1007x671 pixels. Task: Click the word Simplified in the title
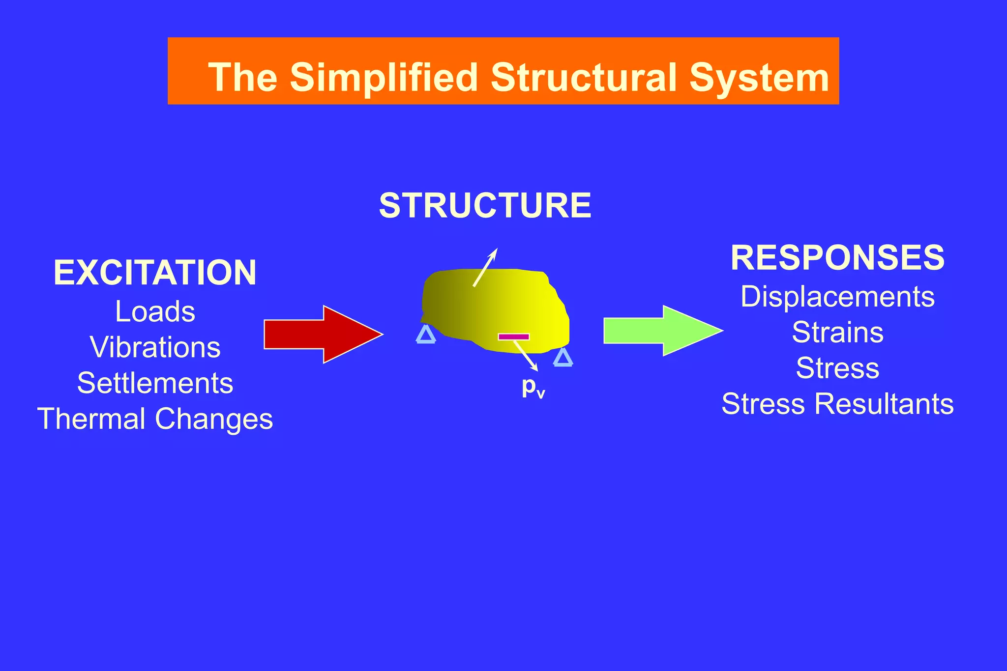coord(384,78)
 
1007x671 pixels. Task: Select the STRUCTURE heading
coord(485,206)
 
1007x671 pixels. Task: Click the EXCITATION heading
coord(155,273)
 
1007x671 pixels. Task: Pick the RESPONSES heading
coord(837,258)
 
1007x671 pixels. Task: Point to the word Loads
coord(155,311)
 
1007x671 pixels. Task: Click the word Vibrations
coord(155,347)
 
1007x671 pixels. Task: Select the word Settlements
coord(155,383)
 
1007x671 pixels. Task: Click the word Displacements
coord(837,297)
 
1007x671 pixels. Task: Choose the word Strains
coord(837,333)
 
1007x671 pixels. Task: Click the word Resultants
coord(884,404)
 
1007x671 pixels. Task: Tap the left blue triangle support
coord(426,335)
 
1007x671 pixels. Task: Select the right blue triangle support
coord(563,358)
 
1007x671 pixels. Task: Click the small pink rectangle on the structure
coord(513,337)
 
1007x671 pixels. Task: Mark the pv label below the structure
coord(533,387)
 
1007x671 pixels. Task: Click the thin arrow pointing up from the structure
coord(485,267)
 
